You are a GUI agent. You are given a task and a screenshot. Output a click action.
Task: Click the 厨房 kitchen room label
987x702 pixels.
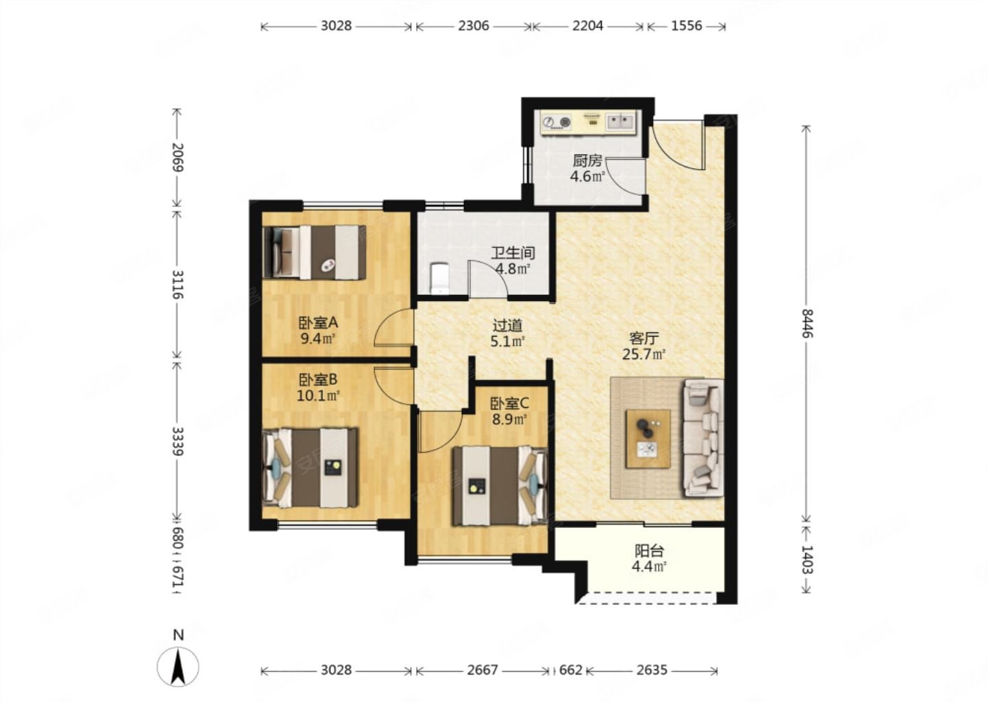point(587,161)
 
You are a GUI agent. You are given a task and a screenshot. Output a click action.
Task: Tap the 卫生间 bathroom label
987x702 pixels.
point(513,253)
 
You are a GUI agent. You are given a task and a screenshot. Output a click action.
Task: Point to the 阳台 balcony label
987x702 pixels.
point(649,551)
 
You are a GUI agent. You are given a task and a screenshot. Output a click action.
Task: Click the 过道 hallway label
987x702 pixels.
point(508,326)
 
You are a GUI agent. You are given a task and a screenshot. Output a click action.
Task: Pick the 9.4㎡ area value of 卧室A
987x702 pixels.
point(318,339)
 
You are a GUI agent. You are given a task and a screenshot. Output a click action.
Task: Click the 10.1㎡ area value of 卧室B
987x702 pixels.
point(318,396)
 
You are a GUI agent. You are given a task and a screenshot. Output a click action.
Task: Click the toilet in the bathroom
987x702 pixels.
point(439,278)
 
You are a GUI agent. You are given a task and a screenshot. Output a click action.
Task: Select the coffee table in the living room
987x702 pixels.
point(648,439)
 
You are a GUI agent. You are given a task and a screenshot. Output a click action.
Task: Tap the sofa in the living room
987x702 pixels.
point(703,438)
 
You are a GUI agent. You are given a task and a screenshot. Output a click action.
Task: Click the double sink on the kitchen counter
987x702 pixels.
point(620,121)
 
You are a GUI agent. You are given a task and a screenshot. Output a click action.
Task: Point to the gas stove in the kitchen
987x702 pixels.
point(556,121)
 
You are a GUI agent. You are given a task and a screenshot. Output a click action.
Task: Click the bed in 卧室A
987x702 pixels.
point(314,252)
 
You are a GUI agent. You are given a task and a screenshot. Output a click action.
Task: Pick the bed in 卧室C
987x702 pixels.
point(499,486)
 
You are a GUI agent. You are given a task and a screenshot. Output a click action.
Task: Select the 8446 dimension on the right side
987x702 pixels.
point(806,324)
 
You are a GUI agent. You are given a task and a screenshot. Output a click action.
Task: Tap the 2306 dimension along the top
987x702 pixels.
point(473,26)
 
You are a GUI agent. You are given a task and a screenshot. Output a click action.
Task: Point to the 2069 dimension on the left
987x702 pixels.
point(178,157)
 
